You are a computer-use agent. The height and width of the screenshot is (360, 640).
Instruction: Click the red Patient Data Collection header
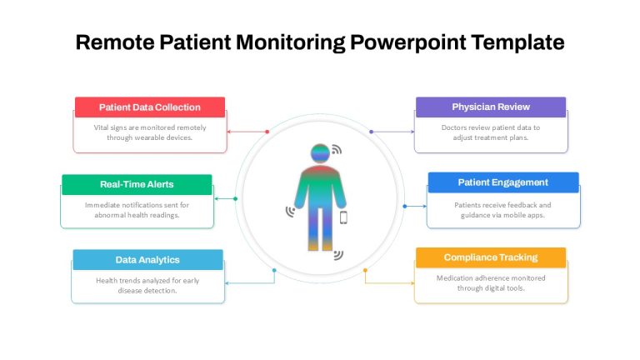(150, 107)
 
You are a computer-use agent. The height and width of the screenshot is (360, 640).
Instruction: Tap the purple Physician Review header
(491, 107)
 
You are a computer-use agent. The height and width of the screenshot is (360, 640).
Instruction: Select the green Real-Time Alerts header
(137, 184)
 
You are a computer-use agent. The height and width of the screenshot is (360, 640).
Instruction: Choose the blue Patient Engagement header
(503, 182)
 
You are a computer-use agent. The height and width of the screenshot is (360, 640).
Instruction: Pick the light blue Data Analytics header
(147, 260)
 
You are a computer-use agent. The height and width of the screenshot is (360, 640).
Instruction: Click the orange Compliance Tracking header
(491, 257)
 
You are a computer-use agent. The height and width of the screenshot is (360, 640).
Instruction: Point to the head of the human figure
(320, 154)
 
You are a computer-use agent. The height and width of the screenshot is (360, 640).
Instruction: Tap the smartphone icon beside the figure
(343, 217)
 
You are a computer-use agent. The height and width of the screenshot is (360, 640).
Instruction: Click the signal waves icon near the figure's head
(337, 149)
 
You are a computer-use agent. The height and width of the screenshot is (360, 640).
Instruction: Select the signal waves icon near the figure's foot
(338, 255)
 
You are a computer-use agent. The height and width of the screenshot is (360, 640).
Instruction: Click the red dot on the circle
(267, 132)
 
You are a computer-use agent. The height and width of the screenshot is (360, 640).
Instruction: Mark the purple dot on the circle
(371, 132)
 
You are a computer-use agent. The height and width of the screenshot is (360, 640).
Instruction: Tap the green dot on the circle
(235, 199)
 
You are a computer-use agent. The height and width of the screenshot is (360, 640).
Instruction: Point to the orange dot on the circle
(365, 270)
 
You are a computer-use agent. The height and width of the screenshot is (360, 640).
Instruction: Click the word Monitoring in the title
(291, 42)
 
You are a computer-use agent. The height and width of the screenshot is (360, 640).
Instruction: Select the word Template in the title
(517, 42)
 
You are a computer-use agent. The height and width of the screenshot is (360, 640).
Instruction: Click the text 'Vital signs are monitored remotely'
(150, 127)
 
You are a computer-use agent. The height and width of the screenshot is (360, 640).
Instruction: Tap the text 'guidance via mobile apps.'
(502, 215)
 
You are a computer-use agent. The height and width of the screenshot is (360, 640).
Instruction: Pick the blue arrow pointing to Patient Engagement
(416, 206)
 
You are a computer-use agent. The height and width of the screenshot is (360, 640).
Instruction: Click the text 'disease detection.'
(147, 291)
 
